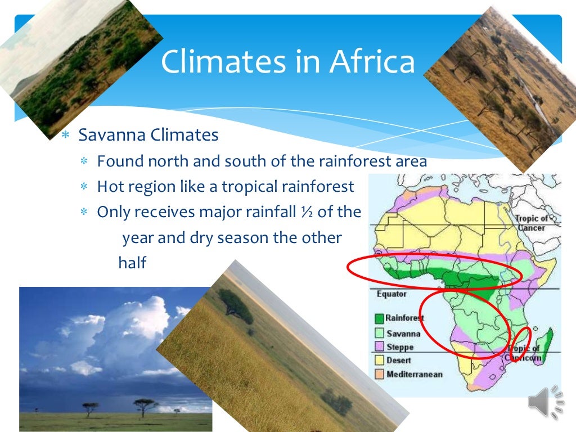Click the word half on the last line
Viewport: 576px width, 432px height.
tap(132, 263)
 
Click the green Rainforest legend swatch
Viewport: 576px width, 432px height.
tap(379, 318)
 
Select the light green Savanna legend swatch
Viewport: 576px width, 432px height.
tap(379, 334)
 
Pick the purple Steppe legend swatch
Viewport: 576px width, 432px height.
tap(379, 347)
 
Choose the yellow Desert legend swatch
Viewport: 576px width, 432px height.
tap(379, 361)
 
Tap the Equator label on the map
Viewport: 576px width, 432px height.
tap(391, 294)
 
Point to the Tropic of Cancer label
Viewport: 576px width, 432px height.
tap(531, 223)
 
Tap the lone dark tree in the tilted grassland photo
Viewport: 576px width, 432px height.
tap(235, 304)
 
